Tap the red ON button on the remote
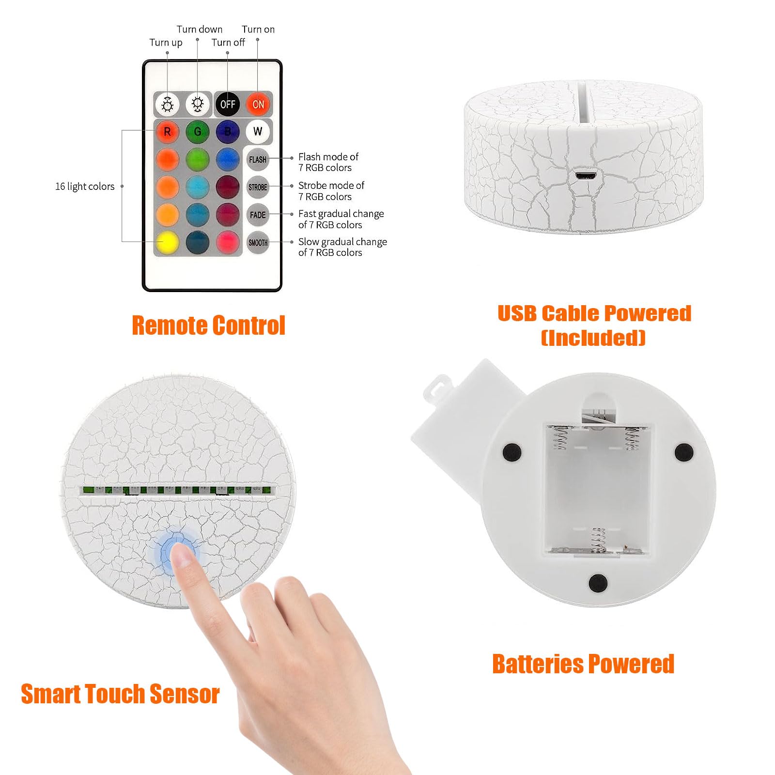(x=258, y=104)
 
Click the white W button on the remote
(x=258, y=131)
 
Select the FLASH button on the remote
(x=258, y=159)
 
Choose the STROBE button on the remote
(x=258, y=187)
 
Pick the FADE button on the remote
(x=258, y=215)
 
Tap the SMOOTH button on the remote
(x=258, y=243)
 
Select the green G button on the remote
(x=198, y=131)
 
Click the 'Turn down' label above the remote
(x=200, y=30)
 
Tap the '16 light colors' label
(x=85, y=186)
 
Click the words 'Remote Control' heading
(x=209, y=325)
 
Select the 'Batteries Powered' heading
(x=583, y=664)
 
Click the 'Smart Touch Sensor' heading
(x=120, y=694)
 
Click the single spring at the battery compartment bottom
(x=599, y=541)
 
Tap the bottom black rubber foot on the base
(x=598, y=582)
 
